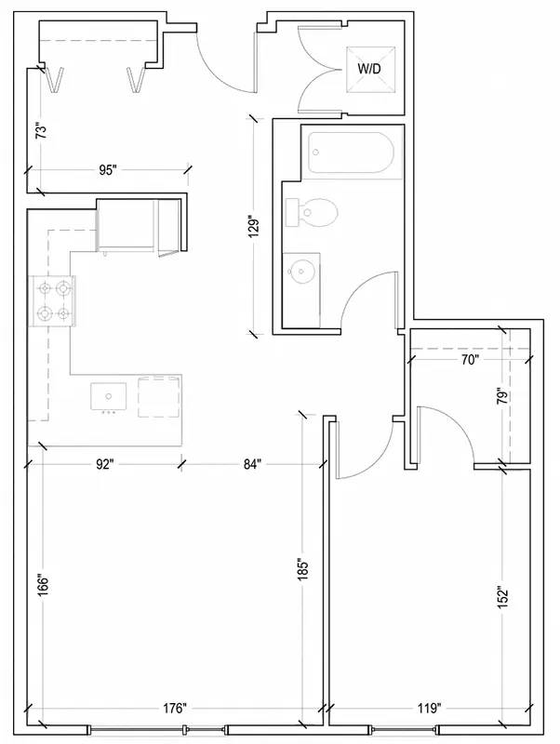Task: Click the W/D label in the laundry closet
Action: [368, 69]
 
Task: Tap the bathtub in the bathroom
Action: [352, 153]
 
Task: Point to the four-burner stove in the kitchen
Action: [52, 300]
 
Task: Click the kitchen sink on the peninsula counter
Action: [109, 397]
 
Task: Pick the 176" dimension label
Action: [173, 709]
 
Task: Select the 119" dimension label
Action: [427, 709]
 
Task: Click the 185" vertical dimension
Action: [303, 569]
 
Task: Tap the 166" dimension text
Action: [43, 587]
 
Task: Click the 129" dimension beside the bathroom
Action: [255, 229]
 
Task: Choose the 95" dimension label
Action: [108, 170]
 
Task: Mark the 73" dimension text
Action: [42, 131]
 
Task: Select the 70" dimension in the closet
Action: [469, 360]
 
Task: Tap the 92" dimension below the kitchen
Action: [105, 464]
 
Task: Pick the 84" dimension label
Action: [253, 464]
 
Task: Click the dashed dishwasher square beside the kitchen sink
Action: [159, 397]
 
